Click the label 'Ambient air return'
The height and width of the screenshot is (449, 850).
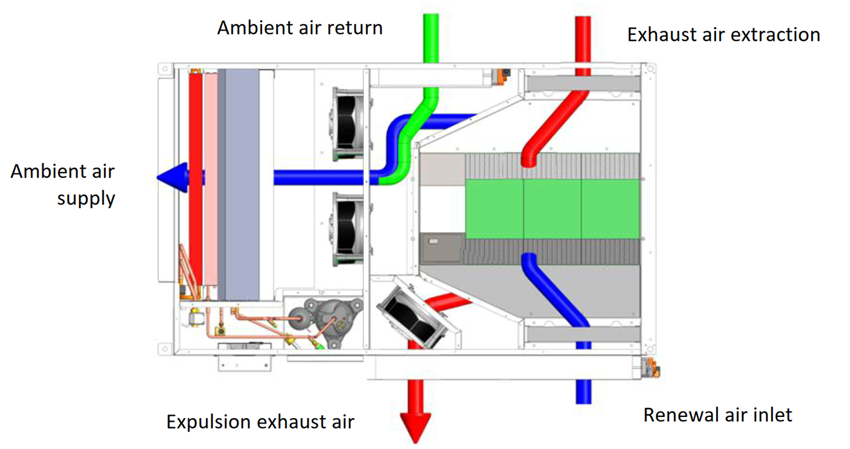[300, 28]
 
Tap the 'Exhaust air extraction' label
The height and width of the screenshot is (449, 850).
[724, 34]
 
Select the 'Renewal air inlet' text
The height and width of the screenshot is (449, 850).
[718, 415]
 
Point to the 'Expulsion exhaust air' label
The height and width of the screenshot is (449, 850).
[260, 422]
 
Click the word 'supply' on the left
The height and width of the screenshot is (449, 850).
[86, 199]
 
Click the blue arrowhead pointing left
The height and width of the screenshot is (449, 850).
[173, 177]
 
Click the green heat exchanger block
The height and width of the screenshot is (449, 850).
[552, 209]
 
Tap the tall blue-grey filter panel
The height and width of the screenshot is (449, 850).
[238, 185]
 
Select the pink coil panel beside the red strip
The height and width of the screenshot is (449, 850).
[210, 179]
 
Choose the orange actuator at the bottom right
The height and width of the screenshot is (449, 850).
[651, 368]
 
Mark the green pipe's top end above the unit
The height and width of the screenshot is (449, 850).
[430, 15]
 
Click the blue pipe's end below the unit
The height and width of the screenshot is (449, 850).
[584, 402]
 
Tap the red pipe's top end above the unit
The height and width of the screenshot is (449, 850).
[583, 18]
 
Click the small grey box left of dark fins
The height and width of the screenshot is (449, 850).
[442, 248]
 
